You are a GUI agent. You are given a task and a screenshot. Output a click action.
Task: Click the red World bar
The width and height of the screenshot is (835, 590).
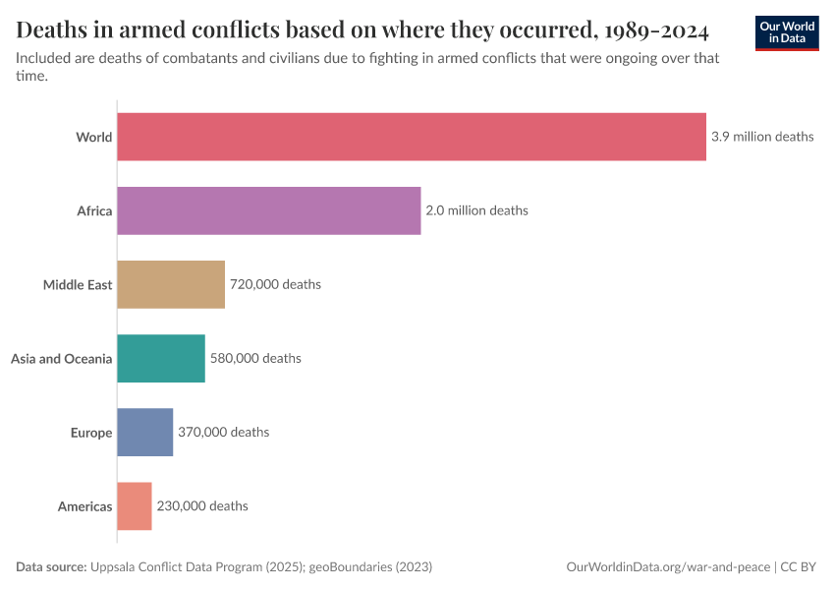click(x=412, y=137)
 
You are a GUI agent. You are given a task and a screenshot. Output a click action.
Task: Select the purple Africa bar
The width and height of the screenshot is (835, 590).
click(x=269, y=210)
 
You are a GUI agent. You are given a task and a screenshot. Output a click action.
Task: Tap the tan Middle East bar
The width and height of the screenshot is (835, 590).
click(x=171, y=284)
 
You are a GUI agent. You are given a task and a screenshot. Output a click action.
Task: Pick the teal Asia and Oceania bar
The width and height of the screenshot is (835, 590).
click(x=161, y=358)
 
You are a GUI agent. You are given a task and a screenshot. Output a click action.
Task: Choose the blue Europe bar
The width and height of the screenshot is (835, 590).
click(x=145, y=432)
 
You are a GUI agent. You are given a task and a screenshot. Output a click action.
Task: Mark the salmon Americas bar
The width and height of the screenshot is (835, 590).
click(x=135, y=505)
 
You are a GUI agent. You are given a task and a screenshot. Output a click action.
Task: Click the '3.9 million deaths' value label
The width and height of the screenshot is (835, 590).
click(x=762, y=137)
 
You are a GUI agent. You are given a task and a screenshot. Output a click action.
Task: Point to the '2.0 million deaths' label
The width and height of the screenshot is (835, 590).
click(x=476, y=210)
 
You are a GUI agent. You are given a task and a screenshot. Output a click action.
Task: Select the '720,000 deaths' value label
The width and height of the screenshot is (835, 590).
click(x=275, y=284)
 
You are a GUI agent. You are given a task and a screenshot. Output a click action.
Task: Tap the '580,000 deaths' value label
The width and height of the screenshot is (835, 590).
click(x=255, y=358)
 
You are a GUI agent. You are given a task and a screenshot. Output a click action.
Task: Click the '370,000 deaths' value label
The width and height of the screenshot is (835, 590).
click(x=223, y=432)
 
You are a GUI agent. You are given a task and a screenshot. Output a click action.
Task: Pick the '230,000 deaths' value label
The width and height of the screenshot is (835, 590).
click(x=202, y=505)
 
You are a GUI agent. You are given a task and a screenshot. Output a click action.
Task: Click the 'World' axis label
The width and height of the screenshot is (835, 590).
click(x=94, y=137)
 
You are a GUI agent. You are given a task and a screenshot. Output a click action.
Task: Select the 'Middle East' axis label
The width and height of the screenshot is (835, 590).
click(x=78, y=284)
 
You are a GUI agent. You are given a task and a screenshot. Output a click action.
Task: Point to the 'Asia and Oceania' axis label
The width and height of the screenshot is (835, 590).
click(x=62, y=358)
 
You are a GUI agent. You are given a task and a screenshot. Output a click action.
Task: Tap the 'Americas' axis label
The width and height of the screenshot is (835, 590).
click(x=85, y=505)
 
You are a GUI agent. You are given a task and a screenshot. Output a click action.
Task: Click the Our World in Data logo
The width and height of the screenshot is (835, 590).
click(x=786, y=31)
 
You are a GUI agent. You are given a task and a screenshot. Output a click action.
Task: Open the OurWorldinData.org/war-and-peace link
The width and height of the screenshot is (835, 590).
click(x=669, y=567)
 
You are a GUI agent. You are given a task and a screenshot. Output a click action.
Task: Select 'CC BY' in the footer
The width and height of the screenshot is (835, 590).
click(x=800, y=567)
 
